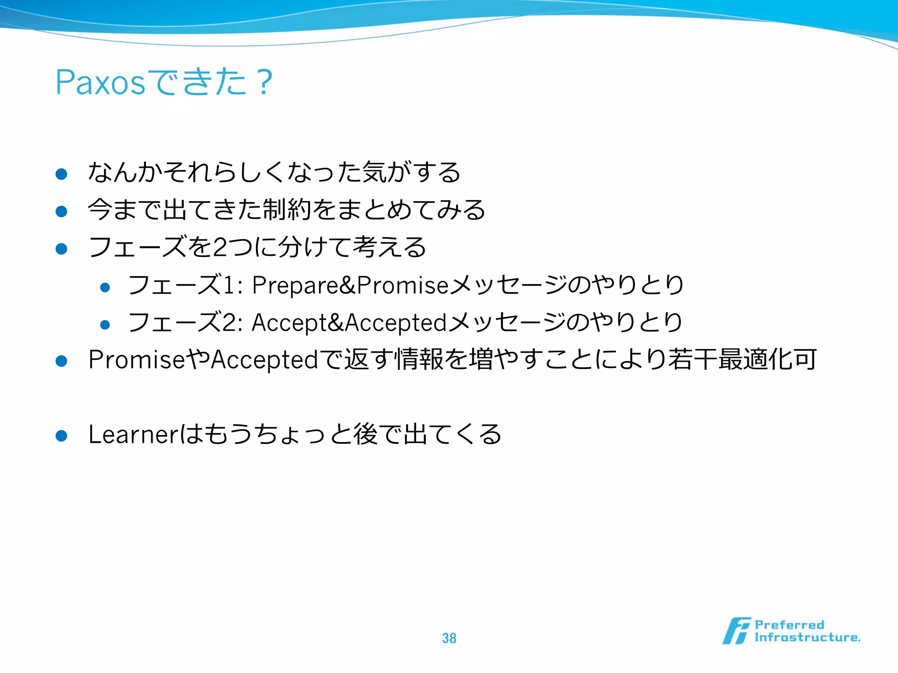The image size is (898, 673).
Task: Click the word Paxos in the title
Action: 100,82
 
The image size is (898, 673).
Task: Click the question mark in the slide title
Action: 265,82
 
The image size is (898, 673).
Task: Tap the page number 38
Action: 449,638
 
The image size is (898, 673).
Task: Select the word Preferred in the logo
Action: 789,625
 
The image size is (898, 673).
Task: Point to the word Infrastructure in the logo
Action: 807,638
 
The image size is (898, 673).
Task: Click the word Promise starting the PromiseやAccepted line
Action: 136,360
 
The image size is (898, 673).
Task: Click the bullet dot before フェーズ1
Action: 105,287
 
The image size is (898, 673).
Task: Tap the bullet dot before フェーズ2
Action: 105,325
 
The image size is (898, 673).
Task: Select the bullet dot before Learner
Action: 61,436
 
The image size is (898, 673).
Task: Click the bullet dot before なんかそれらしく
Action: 61,174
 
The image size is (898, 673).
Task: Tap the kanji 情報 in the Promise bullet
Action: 419,360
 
